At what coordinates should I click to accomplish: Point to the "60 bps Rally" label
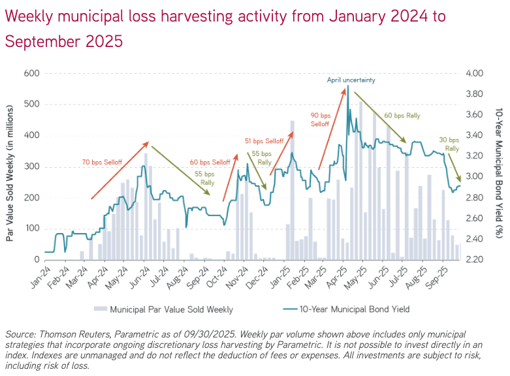[x=402, y=116]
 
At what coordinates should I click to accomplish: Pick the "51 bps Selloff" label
[x=264, y=141]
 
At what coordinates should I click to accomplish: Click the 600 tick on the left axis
[x=31, y=73]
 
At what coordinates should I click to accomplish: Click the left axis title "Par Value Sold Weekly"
[x=11, y=166]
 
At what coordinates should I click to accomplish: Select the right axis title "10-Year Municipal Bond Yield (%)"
[x=499, y=166]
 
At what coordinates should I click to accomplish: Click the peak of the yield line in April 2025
[x=348, y=86]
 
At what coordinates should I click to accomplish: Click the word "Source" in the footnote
[x=20, y=334]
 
